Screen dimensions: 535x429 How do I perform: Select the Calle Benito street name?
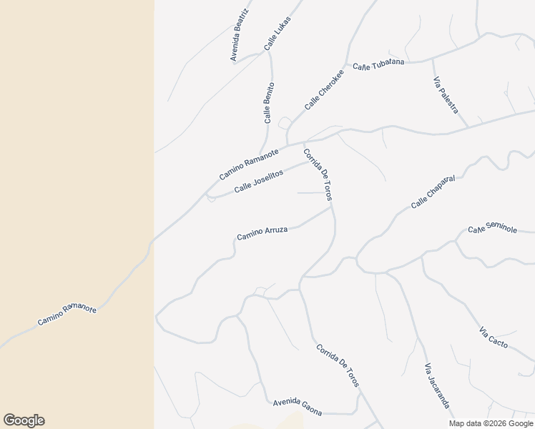click(269, 103)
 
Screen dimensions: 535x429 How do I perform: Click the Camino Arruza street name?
click(262, 232)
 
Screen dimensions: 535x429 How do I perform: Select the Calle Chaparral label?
click(433, 192)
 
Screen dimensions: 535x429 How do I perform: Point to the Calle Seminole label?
click(492, 229)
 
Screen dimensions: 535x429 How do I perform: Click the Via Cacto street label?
click(494, 337)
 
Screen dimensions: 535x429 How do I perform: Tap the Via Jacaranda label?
click(437, 386)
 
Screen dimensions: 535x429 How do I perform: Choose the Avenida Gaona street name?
click(298, 408)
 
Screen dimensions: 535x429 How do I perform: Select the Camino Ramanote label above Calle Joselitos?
click(249, 164)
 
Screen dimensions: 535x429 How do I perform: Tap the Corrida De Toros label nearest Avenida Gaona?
click(338, 365)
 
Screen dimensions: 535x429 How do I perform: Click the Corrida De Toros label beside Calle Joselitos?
click(318, 174)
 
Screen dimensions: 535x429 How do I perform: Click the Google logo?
click(24, 420)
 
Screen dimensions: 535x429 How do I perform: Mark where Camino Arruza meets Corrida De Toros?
click(332, 207)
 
